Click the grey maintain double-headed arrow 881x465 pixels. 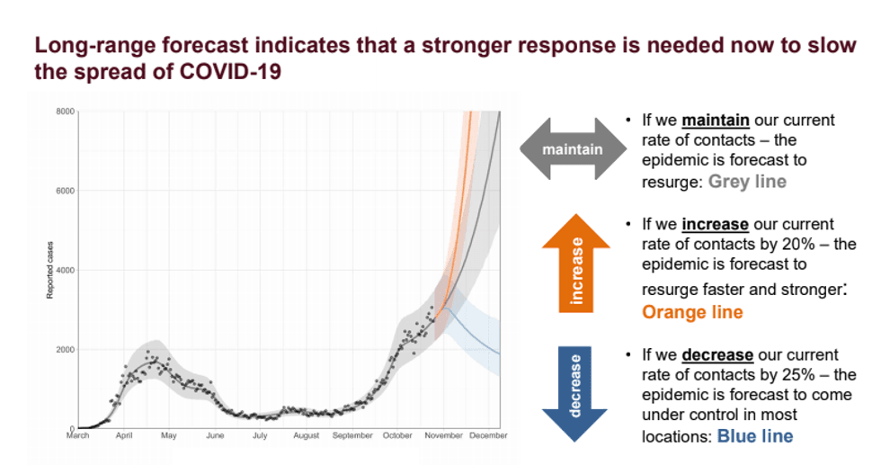point(573,148)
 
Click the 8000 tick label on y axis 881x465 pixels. point(64,112)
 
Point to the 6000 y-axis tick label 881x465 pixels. point(64,191)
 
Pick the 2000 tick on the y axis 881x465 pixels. point(64,349)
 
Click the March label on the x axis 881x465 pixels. point(78,436)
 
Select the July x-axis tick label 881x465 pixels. point(260,436)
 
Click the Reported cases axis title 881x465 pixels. point(51,270)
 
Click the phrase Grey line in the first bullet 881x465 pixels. point(747,182)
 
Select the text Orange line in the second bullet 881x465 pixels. point(692,312)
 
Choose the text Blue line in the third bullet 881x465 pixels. point(754,436)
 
